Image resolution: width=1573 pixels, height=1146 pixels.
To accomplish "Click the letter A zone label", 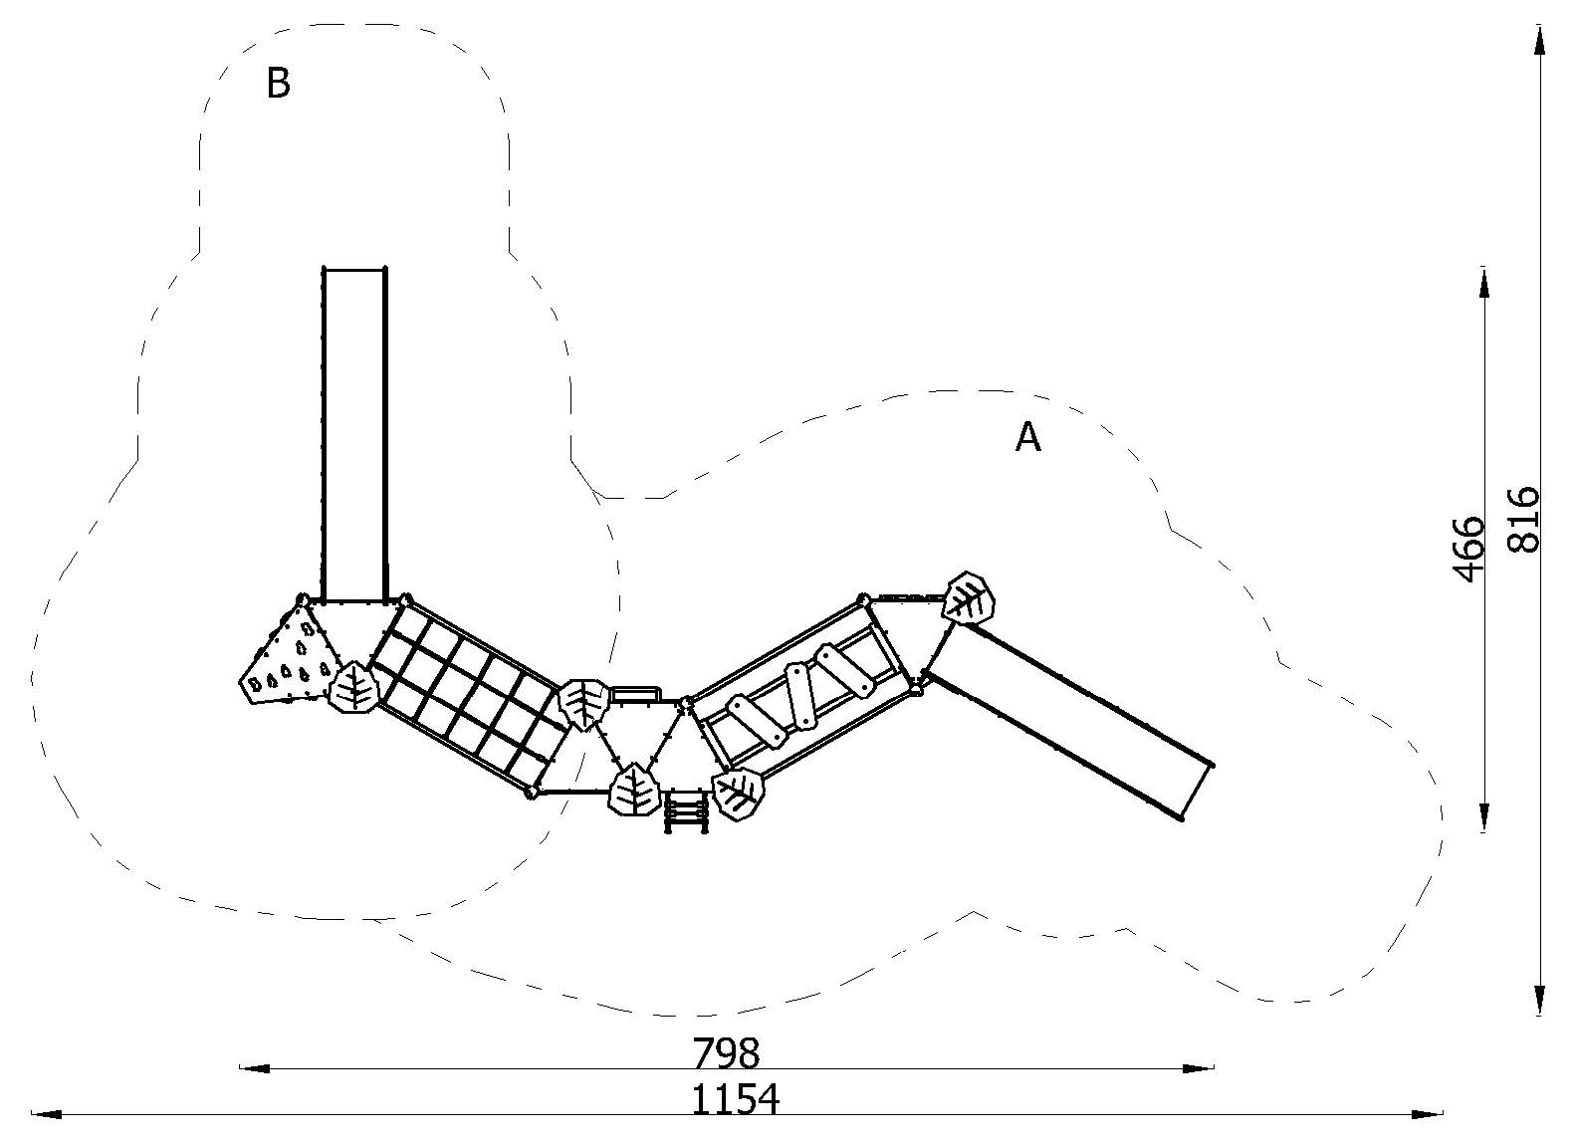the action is point(1028,437).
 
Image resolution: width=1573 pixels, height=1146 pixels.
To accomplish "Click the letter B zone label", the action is point(278,83).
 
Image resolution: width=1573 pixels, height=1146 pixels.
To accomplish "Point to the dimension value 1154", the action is point(736,1099).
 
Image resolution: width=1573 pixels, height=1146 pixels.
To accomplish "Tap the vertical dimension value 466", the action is point(1469,550).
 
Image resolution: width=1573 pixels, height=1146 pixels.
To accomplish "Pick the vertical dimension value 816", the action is point(1522,521).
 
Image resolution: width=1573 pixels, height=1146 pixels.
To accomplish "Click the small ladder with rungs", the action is point(685,811).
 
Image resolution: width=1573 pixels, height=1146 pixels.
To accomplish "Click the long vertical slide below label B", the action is point(354,433).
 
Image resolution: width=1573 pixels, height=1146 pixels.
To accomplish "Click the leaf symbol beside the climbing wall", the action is point(354,687).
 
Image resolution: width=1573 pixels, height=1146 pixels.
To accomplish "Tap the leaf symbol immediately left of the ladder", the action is point(633,790).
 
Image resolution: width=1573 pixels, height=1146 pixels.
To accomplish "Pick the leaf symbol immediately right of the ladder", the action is point(738,795).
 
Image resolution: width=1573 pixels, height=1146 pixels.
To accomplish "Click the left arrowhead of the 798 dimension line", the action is point(254,1068).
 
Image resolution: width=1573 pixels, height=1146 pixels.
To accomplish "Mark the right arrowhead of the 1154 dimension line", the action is point(1427,1114).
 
